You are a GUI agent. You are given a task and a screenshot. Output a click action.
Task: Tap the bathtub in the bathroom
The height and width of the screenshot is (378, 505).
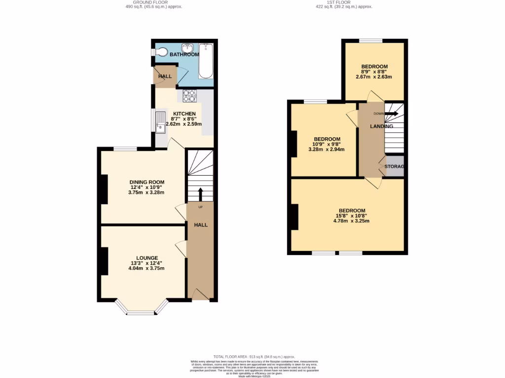pyautogui.click(x=206, y=62)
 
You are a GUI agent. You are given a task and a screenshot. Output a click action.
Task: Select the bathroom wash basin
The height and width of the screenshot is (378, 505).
pyautogui.click(x=187, y=48)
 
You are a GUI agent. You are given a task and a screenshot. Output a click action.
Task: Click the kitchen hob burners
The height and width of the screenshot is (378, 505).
pyautogui.click(x=190, y=95)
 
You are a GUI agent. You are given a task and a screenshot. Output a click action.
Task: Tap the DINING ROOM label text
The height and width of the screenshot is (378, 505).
pyautogui.click(x=147, y=182)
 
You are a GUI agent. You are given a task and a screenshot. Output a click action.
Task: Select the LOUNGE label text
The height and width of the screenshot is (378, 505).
pyautogui.click(x=147, y=258)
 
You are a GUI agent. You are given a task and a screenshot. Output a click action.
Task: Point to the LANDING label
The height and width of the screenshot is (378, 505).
pyautogui.click(x=382, y=126)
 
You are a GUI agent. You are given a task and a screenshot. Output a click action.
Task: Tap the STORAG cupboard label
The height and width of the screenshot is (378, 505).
pyautogui.click(x=395, y=167)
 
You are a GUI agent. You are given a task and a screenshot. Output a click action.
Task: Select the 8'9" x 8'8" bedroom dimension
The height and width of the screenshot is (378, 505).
pyautogui.click(x=374, y=72)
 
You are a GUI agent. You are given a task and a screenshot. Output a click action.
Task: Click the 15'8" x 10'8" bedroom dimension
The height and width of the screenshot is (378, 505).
pyautogui.click(x=351, y=216)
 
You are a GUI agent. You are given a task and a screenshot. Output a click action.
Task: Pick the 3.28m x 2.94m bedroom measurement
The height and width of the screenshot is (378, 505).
pyautogui.click(x=326, y=150)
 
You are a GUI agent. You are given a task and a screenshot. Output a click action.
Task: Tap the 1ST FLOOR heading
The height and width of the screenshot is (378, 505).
pyautogui.click(x=344, y=2)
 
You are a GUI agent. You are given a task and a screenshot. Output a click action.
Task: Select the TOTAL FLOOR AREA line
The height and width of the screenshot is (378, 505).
pyautogui.click(x=254, y=356)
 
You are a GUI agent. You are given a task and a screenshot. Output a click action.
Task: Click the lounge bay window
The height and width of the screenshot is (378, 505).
pyautogui.click(x=141, y=311)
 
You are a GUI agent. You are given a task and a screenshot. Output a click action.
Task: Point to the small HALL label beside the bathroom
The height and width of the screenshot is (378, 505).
pyautogui.click(x=165, y=76)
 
